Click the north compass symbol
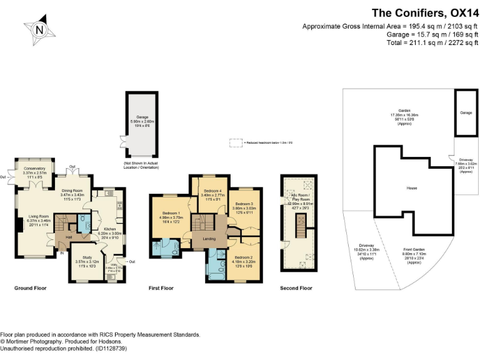pyautogui.click(x=40, y=30)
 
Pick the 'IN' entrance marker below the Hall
pyautogui.click(x=62, y=253)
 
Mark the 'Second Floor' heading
pyautogui.click(x=296, y=288)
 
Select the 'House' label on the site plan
pyautogui.click(x=411, y=188)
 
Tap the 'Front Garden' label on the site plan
pyautogui.click(x=414, y=256)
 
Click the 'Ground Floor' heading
pyautogui.click(x=30, y=288)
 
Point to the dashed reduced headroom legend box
pyautogui.click(x=235, y=142)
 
